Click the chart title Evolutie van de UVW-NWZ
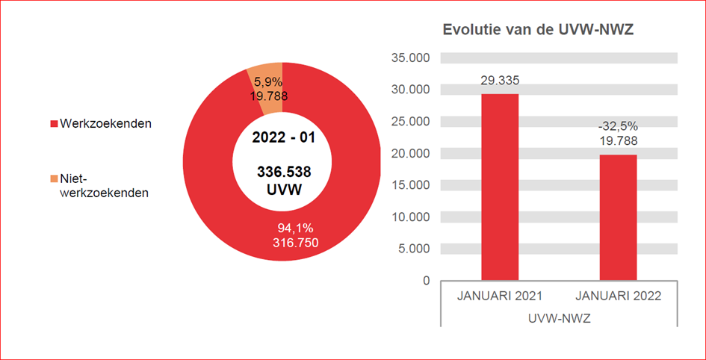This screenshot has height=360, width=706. (x=539, y=30)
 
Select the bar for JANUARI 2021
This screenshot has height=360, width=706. (x=500, y=187)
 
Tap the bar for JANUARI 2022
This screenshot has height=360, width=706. (x=618, y=217)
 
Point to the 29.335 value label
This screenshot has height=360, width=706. (x=500, y=81)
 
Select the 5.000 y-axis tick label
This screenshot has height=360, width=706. (x=413, y=249)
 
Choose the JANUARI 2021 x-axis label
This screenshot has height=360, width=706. (x=500, y=296)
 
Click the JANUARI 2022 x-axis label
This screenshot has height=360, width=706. (x=618, y=296)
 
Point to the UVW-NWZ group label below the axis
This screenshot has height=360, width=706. (x=559, y=318)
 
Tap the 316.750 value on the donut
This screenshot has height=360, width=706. (x=292, y=243)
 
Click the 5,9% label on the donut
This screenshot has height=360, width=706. (x=267, y=81)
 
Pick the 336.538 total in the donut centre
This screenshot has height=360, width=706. (x=284, y=172)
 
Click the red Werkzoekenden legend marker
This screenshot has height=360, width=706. (x=54, y=123)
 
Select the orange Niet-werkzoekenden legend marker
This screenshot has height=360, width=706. (x=54, y=179)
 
